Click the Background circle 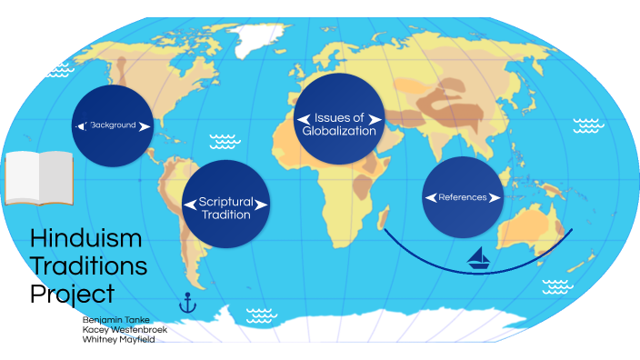click(112, 125)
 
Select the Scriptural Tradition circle click(225, 205)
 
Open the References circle click(463, 197)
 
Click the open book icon click(37, 177)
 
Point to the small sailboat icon click(479, 259)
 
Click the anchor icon click(188, 302)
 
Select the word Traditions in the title click(88, 266)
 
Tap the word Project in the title click(72, 294)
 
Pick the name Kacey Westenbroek click(125, 330)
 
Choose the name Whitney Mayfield click(119, 340)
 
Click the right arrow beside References click(495, 197)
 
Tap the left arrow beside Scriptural click(191, 204)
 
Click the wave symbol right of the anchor click(261, 315)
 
